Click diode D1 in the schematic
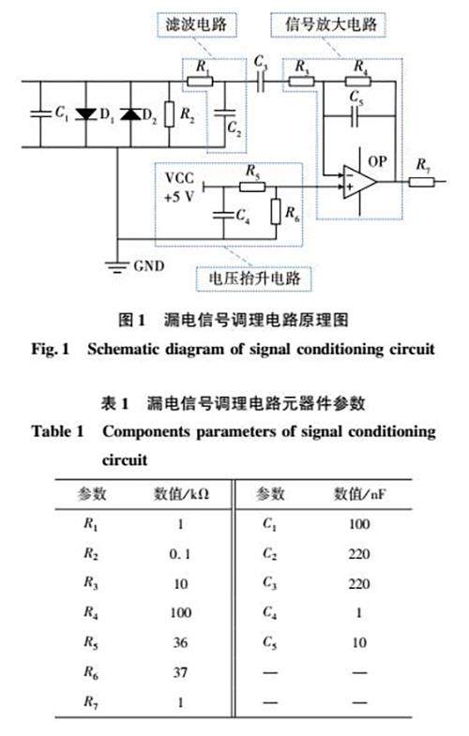point(86,114)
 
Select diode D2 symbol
point(130,114)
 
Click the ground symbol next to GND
point(116,266)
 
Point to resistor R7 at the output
point(421,182)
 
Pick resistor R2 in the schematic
point(170,114)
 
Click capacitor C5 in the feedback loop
point(356,115)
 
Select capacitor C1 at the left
point(40,113)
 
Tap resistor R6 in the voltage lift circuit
point(276,212)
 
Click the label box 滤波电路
point(196,24)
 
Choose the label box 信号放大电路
point(328,24)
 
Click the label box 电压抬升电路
point(254,278)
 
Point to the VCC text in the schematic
point(179,178)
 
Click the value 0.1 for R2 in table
point(180,554)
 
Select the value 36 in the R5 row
point(180,642)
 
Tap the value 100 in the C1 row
point(359,524)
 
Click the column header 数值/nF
point(359,494)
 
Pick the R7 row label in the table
point(91,701)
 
